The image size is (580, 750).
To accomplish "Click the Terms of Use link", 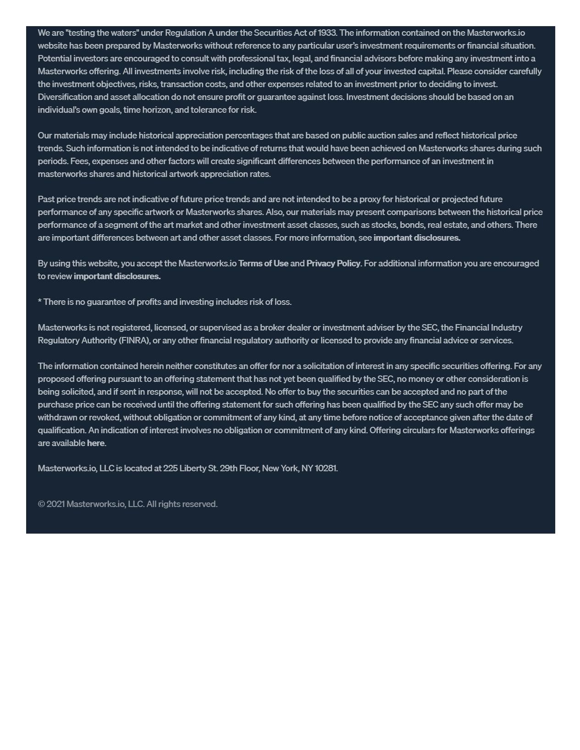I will [263, 263].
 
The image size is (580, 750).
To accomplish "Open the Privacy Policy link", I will [333, 263].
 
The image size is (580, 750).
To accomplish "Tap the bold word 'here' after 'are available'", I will [95, 443].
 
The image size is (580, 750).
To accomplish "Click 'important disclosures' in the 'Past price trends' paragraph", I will [416, 237].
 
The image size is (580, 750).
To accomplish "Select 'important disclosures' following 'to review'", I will [117, 276].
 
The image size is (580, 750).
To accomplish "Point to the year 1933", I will [327, 33].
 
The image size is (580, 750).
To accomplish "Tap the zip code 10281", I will [326, 468].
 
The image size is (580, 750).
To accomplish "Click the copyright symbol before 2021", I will [41, 504].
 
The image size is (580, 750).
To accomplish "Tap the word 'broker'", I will [272, 327].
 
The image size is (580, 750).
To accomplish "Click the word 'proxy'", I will [370, 199].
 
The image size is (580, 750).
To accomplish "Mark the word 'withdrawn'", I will [57, 417].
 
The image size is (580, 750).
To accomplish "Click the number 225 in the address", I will [170, 468].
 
